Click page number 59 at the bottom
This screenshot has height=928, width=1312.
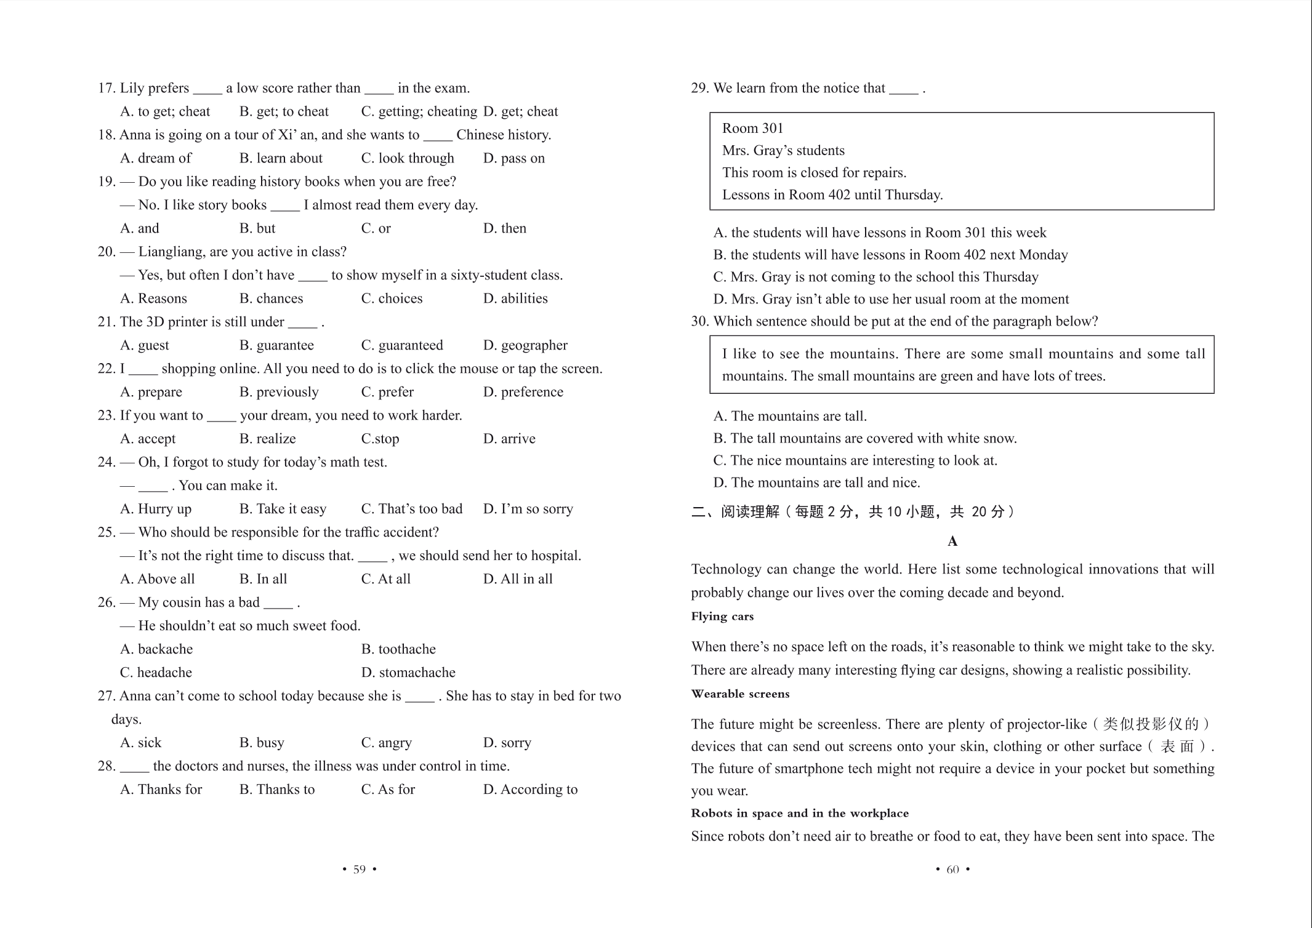pyautogui.click(x=359, y=869)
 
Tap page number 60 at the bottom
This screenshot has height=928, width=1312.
pyautogui.click(x=952, y=869)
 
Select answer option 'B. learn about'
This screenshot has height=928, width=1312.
pyautogui.click(x=281, y=158)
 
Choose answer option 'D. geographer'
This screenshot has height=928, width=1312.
pyautogui.click(x=525, y=345)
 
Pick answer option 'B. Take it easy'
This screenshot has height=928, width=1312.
pyautogui.click(x=283, y=509)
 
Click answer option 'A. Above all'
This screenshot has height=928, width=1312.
pyautogui.click(x=158, y=579)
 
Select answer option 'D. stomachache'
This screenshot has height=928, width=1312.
pyautogui.click(x=408, y=673)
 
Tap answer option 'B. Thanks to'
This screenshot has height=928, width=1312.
pyautogui.click(x=277, y=790)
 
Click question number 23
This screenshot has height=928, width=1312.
pyautogui.click(x=107, y=415)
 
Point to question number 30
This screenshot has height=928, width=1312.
pyautogui.click(x=700, y=321)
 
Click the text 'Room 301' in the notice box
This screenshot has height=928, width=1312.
pyautogui.click(x=752, y=128)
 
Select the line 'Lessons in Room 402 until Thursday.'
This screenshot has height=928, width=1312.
pyautogui.click(x=832, y=195)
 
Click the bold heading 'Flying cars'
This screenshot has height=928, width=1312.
pyautogui.click(x=722, y=617)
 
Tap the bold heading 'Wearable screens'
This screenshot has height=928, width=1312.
pyautogui.click(x=740, y=694)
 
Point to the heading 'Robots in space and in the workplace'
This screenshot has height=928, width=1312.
pyautogui.click(x=800, y=814)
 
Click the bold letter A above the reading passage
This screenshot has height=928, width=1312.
pyautogui.click(x=952, y=542)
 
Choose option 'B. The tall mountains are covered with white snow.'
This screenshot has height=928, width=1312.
pyautogui.click(x=865, y=438)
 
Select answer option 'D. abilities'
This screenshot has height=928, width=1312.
pyautogui.click(x=515, y=298)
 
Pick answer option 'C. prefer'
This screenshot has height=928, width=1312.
pyautogui.click(x=387, y=392)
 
